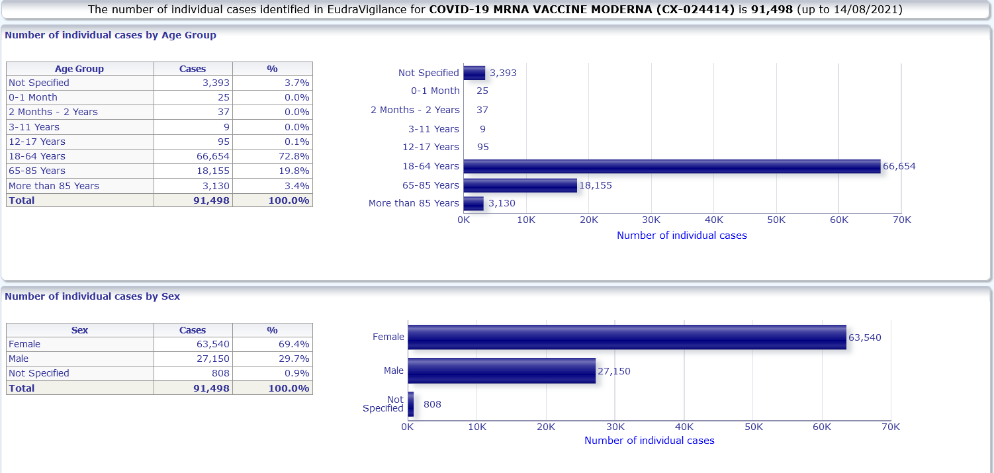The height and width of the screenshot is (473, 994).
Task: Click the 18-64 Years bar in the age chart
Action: [x=672, y=167]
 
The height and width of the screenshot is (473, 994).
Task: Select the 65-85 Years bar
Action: [x=520, y=185]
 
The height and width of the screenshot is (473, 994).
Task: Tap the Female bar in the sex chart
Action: [x=627, y=337]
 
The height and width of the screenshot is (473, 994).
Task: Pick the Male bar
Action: [x=502, y=370]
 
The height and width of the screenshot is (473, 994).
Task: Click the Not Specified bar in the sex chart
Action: [x=411, y=404]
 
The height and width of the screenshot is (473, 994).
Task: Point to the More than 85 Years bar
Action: [x=474, y=203]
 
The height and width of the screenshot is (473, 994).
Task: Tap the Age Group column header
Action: [x=79, y=69]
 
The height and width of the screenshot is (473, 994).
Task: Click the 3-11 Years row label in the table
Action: [x=34, y=127]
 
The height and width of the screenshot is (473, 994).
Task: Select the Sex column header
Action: [x=79, y=330]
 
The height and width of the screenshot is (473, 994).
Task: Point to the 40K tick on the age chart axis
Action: [x=714, y=220]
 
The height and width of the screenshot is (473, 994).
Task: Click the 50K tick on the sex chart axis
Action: [x=754, y=427]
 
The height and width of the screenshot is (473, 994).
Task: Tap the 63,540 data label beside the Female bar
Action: [x=865, y=337]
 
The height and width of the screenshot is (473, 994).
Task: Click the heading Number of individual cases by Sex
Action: [x=92, y=296]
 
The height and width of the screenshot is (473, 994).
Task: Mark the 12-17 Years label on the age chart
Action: [x=430, y=147]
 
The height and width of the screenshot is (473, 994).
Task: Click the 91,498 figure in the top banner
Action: [x=772, y=10]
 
